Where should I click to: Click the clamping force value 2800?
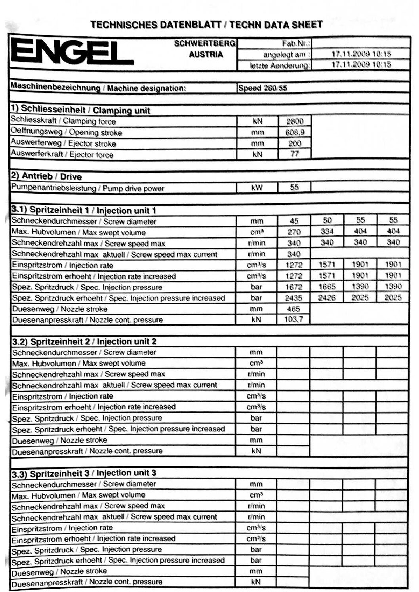tap(294, 121)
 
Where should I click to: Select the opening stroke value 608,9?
tap(294, 132)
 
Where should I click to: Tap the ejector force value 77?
tap(294, 154)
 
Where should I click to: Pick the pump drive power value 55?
tap(294, 187)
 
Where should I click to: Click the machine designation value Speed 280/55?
tap(262, 88)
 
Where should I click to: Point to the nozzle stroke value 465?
tap(293, 309)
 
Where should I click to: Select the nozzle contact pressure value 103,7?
tap(293, 320)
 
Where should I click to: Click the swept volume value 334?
tap(327, 232)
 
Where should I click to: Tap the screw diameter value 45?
tap(294, 221)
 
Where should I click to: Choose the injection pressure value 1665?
tap(327, 287)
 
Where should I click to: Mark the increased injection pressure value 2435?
tap(293, 298)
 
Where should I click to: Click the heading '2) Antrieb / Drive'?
tap(47, 177)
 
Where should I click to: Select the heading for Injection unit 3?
tap(84, 473)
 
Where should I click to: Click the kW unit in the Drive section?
tap(257, 187)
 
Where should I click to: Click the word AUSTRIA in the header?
tap(206, 55)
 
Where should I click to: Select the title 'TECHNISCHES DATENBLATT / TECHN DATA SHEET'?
tap(206, 25)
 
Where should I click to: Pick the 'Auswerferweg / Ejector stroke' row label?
tap(63, 143)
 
